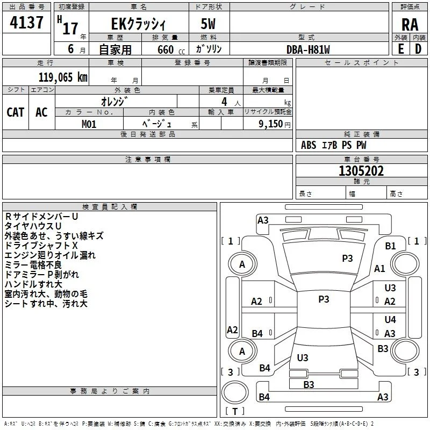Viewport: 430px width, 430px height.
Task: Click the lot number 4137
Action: [26, 23]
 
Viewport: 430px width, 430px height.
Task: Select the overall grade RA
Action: [410, 25]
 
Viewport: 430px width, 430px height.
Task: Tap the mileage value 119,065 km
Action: [63, 77]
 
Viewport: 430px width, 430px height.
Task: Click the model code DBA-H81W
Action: [308, 49]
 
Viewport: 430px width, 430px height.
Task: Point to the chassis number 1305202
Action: [361, 171]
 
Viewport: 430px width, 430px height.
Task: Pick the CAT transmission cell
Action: [16, 112]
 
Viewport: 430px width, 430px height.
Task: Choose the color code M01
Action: [89, 124]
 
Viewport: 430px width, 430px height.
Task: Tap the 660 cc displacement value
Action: [171, 50]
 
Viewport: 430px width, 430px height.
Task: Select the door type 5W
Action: [208, 24]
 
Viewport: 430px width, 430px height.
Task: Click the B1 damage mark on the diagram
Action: [390, 246]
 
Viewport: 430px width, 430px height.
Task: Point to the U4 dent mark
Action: [390, 319]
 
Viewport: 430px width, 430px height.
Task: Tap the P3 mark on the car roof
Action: [324, 299]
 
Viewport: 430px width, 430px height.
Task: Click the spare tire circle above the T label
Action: [235, 392]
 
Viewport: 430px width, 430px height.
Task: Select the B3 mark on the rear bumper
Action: [309, 385]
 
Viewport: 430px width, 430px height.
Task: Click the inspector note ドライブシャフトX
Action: [41, 246]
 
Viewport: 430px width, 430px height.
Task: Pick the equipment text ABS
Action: [309, 145]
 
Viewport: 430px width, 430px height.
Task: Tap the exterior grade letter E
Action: [401, 49]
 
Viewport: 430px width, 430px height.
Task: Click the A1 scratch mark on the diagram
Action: [379, 269]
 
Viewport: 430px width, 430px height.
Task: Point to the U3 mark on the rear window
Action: [303, 357]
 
